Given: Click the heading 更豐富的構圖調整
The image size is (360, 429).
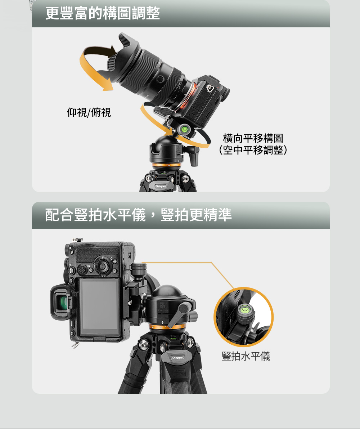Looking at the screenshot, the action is pyautogui.click(x=103, y=13).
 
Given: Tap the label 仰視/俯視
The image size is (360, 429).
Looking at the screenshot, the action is pyautogui.click(x=89, y=112).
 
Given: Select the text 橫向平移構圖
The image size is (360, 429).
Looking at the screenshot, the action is pyautogui.click(x=253, y=138).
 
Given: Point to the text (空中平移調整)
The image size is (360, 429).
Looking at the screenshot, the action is pyautogui.click(x=253, y=149).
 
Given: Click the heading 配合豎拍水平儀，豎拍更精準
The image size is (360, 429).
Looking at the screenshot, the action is pyautogui.click(x=138, y=215).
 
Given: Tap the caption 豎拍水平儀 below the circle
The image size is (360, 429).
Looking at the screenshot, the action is pyautogui.click(x=246, y=356).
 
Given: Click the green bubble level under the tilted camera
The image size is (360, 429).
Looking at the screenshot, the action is pyautogui.click(x=185, y=129).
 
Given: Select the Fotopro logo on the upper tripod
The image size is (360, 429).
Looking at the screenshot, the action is pyautogui.click(x=161, y=186).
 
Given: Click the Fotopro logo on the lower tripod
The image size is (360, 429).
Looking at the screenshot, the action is pyautogui.click(x=178, y=358).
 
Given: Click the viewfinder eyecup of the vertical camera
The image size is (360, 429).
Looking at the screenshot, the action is pyautogui.click(x=61, y=302).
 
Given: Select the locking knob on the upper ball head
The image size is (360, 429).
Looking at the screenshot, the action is pyautogui.click(x=194, y=155).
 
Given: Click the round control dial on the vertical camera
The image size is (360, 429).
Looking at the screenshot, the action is pyautogui.click(x=102, y=265).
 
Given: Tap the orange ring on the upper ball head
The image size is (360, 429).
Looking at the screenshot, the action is pyautogui.click(x=166, y=165).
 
